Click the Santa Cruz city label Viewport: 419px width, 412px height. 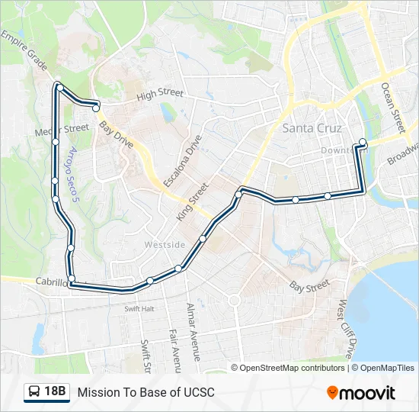[x=312, y=128]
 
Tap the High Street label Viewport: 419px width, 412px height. [x=160, y=95]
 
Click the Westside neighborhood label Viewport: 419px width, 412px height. [x=165, y=245]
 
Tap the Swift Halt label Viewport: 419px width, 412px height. [x=139, y=308]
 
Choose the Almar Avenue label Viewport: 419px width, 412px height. [x=192, y=331]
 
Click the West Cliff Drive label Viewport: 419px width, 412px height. [x=345, y=329]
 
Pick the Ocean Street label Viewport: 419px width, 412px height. [x=393, y=107]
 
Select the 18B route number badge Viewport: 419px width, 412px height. [x=55, y=392]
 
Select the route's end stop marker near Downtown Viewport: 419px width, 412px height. [x=363, y=143]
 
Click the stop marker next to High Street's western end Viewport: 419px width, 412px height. [x=96, y=108]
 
